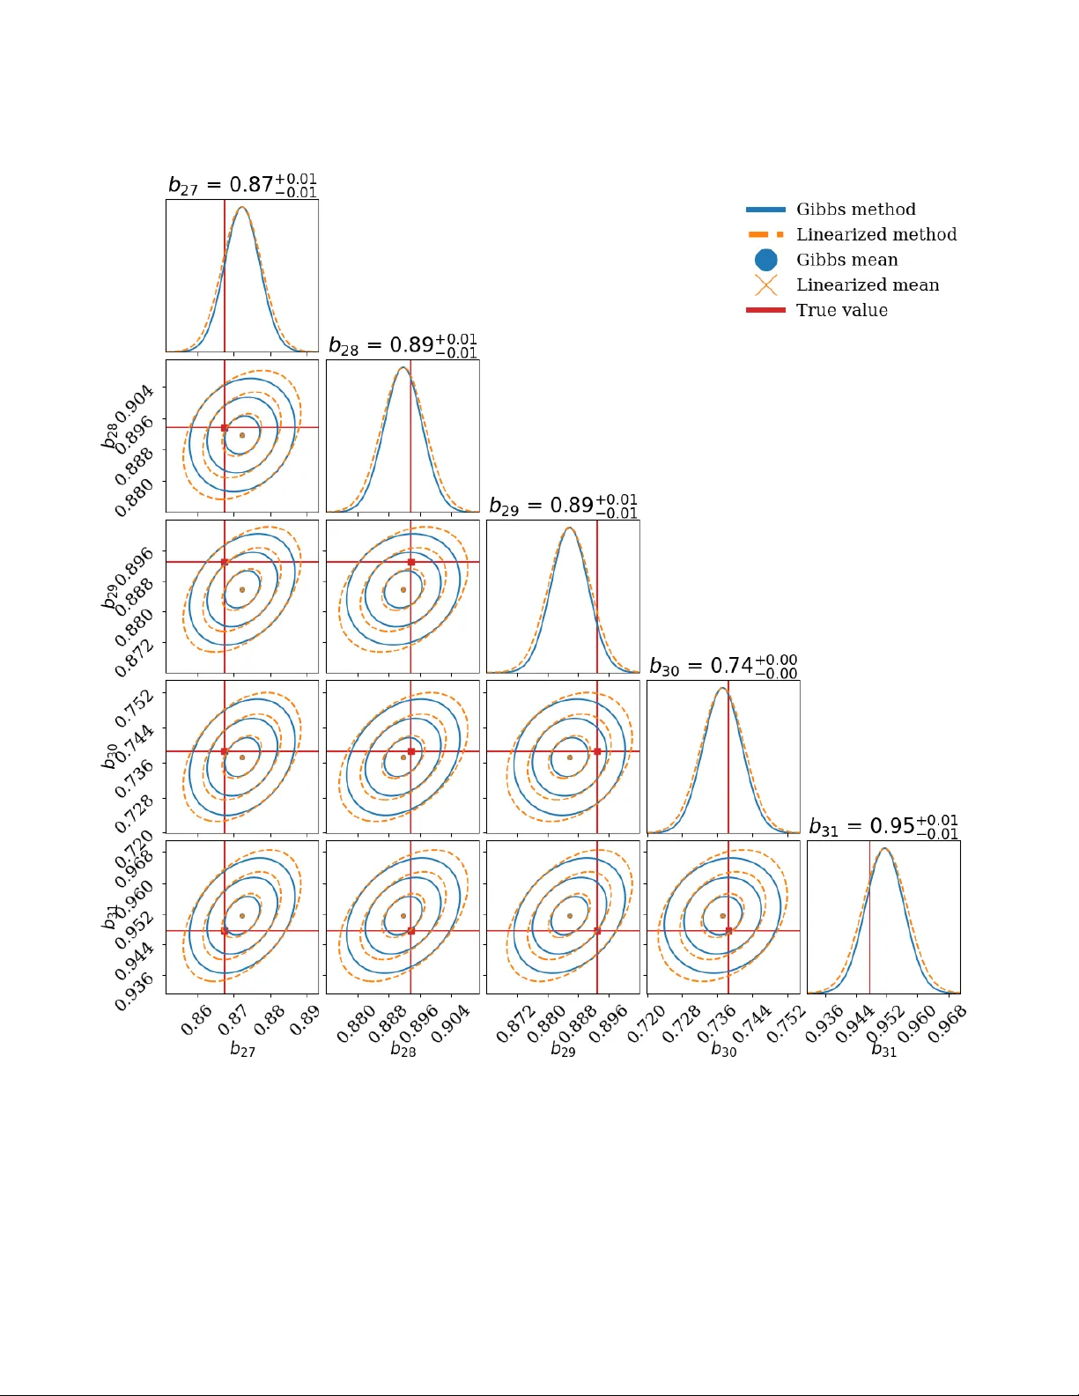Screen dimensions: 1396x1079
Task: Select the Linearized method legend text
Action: pyautogui.click(x=876, y=234)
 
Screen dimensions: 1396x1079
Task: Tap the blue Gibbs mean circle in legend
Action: pyautogui.click(x=766, y=260)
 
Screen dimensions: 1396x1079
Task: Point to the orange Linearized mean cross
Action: pyautogui.click(x=766, y=285)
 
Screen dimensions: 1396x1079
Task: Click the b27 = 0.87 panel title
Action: pyautogui.click(x=242, y=185)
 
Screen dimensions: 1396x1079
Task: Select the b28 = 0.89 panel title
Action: pyautogui.click(x=403, y=345)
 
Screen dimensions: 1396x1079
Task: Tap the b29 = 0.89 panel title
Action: pyautogui.click(x=563, y=506)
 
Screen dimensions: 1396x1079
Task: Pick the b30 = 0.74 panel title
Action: pyautogui.click(x=723, y=666)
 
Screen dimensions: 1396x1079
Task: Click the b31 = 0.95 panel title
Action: pyautogui.click(x=883, y=826)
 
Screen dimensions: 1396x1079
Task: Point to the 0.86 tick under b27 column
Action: pyautogui.click(x=196, y=1020)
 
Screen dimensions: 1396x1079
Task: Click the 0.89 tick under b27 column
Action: pyautogui.click(x=304, y=1020)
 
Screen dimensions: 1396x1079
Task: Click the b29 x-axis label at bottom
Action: pyautogui.click(x=563, y=1050)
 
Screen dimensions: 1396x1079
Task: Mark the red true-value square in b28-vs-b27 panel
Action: pyautogui.click(x=225, y=428)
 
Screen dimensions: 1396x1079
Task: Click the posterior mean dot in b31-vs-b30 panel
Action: pyautogui.click(x=723, y=916)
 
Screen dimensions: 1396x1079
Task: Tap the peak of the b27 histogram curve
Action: pyautogui.click(x=242, y=208)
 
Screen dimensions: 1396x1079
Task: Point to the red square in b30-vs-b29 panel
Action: pyautogui.click(x=597, y=751)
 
